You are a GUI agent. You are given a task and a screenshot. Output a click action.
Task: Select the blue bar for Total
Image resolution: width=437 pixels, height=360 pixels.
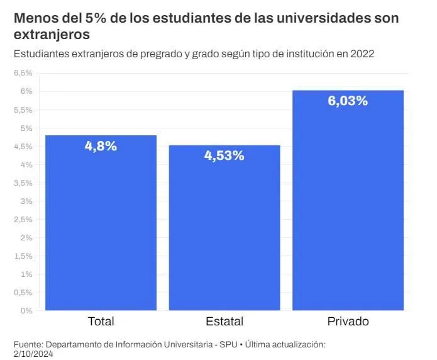click(x=101, y=223)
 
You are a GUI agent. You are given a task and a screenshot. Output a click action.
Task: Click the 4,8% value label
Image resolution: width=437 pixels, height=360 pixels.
click(x=101, y=146)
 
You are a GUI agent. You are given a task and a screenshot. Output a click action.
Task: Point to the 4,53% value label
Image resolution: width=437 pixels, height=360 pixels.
click(x=224, y=155)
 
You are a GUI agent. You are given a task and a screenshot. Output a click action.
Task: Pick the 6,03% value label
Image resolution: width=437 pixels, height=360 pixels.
click(x=348, y=101)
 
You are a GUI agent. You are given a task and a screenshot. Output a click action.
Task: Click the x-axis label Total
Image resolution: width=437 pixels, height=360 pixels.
click(x=101, y=322)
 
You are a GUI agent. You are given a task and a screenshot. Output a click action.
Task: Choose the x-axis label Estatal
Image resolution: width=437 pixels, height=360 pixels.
click(x=224, y=322)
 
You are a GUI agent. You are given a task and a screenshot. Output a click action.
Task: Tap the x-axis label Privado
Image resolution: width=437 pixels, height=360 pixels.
click(x=348, y=322)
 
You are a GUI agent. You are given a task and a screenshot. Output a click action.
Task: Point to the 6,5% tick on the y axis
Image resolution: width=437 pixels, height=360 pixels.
click(x=23, y=73)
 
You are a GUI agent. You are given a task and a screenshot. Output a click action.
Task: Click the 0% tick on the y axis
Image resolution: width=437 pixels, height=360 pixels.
click(x=26, y=310)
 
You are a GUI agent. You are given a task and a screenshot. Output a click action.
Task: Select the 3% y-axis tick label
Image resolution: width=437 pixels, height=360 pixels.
click(x=26, y=201)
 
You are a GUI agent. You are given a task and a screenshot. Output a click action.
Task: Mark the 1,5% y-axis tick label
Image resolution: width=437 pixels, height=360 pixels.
click(x=23, y=256)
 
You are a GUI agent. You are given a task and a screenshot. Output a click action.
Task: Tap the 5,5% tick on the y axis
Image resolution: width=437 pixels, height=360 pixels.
click(x=23, y=110)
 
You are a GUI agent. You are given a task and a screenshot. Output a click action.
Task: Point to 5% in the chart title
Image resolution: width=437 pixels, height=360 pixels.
click(x=88, y=18)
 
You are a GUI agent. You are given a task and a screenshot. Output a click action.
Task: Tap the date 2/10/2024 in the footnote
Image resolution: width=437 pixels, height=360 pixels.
click(x=34, y=354)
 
